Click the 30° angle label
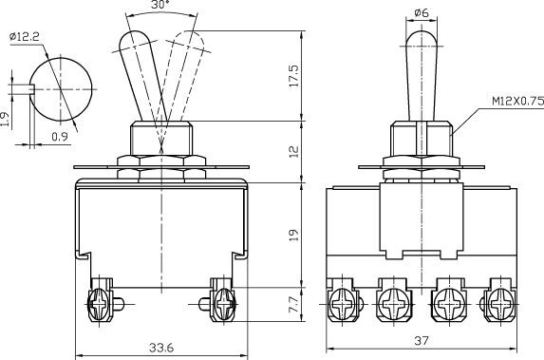coord(160,5)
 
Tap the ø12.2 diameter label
coord(25,36)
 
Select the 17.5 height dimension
coord(293,76)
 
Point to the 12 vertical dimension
coord(293,151)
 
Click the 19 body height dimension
coord(293,235)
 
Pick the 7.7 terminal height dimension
coord(293,304)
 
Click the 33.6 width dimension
coord(161,348)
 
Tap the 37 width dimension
coord(422,341)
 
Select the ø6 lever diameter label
coord(422,13)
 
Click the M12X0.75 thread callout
coord(518,101)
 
